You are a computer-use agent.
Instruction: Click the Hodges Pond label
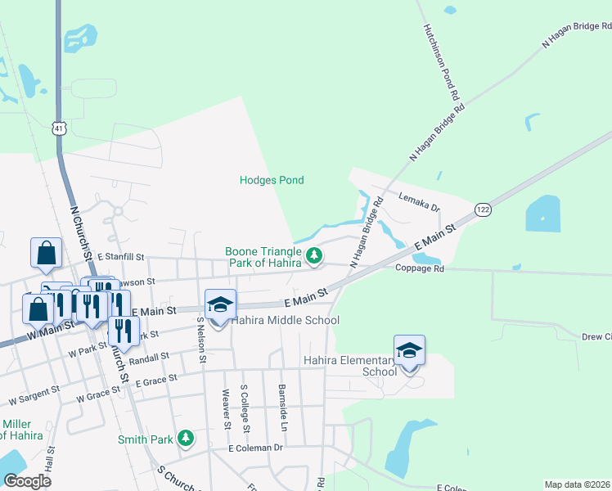(x=272, y=180)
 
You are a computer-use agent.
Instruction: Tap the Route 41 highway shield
(x=57, y=128)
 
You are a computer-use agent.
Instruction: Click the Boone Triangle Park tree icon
(x=313, y=258)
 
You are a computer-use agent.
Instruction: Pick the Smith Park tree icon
(x=186, y=439)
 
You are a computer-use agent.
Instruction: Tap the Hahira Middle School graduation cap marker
(x=219, y=305)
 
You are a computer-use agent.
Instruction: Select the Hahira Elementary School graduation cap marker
(x=409, y=351)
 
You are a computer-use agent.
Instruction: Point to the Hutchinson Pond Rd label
(x=441, y=61)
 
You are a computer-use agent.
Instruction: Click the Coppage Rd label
(x=419, y=268)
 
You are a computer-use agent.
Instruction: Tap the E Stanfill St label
(x=120, y=257)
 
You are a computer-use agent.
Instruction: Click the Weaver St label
(x=226, y=408)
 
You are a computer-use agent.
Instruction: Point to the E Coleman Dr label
(x=255, y=448)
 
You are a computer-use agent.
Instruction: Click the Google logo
(x=28, y=481)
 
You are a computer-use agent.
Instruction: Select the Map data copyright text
(x=577, y=484)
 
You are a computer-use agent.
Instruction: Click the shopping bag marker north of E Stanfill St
(x=46, y=254)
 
